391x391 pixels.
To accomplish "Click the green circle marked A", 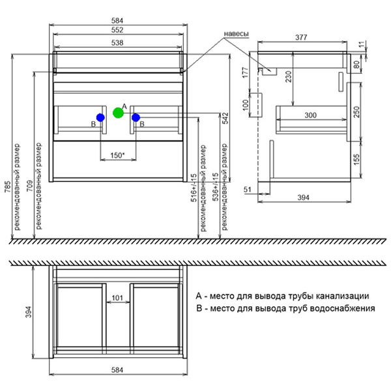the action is click(118, 113).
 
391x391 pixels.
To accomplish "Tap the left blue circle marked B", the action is click(100, 117).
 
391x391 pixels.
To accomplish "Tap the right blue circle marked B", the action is click(136, 117).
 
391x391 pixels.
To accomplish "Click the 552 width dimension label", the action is click(117, 30).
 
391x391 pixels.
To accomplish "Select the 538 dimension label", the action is click(117, 43).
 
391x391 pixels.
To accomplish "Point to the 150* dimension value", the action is click(117, 155).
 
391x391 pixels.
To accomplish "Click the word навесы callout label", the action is click(236, 34).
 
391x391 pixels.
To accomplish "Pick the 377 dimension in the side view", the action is click(301, 37).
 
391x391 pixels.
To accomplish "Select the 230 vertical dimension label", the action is click(288, 76).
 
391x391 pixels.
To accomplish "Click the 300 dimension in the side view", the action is click(310, 115).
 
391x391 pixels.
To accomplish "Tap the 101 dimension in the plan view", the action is click(117, 298).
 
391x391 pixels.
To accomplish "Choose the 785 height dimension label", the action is click(8, 186).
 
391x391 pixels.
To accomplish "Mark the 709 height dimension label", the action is click(30, 186).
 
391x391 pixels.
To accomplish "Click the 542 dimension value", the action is click(225, 119).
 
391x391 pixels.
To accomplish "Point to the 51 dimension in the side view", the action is click(248, 190).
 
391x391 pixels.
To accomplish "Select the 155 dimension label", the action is click(356, 159).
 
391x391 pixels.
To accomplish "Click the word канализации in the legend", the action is click(342, 296).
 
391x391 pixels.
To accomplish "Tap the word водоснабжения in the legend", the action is click(342, 308).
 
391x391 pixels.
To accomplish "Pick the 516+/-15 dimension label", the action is click(194, 188).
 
